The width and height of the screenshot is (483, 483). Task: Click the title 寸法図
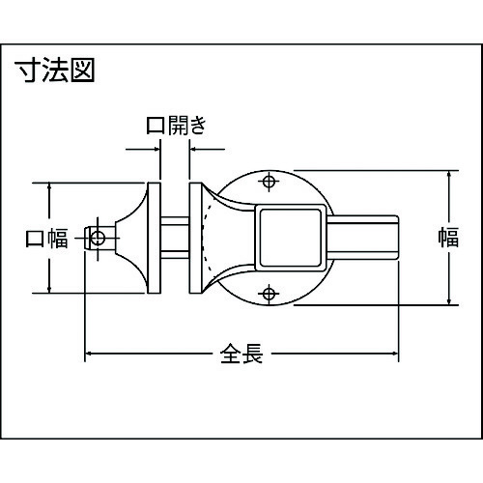[x=55, y=70]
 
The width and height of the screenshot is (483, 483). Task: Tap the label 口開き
[x=176, y=126]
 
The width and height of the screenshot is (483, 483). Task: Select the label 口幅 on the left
[x=46, y=238]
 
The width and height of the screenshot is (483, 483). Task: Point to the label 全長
[x=241, y=354]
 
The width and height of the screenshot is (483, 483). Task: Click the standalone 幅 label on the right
[x=448, y=237]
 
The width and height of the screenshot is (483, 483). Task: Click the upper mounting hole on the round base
[x=269, y=182]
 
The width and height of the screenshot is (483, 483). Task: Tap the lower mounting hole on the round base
[x=269, y=294]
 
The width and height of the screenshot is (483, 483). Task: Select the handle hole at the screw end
[x=98, y=239]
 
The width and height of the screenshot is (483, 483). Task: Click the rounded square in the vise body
[x=291, y=238]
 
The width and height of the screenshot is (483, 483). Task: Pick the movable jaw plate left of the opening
[x=154, y=238]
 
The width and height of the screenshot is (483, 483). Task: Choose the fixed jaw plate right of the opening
[x=195, y=238]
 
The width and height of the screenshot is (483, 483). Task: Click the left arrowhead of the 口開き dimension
[x=157, y=149]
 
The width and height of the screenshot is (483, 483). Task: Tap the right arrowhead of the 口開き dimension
[x=192, y=149]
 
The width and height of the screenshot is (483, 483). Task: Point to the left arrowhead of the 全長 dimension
[x=88, y=354]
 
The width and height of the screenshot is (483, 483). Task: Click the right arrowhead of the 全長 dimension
[x=395, y=354]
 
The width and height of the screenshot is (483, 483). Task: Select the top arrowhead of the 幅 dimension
[x=449, y=174]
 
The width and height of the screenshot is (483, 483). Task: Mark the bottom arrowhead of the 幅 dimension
[x=449, y=301]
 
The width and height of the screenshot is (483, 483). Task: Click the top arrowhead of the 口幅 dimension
[x=49, y=186]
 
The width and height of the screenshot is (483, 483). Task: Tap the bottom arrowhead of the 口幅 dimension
[x=49, y=290]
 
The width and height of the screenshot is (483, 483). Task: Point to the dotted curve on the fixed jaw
[x=205, y=238]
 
